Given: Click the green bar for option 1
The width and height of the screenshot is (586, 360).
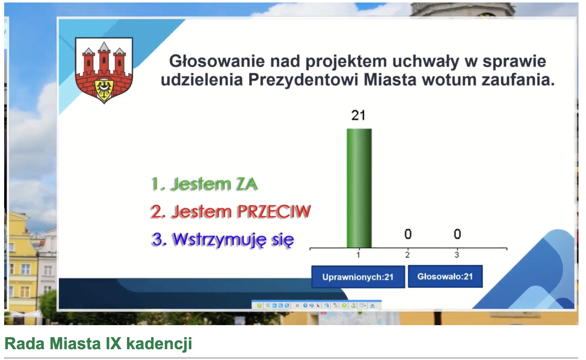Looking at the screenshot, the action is pos(359,188).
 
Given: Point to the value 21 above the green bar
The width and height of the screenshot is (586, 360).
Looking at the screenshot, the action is pos(358,115).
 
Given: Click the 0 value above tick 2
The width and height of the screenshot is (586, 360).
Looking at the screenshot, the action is pos(408,234).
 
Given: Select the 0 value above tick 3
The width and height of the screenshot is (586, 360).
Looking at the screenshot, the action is pos(457,234).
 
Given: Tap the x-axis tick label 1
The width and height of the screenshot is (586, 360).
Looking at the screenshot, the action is pos(358,255).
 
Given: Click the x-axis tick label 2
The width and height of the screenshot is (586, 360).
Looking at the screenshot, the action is pos(407,255).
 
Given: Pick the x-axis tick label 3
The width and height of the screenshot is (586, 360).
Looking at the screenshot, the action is pos(457,255).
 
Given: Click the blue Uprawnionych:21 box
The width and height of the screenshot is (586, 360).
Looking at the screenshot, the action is pos(358,277).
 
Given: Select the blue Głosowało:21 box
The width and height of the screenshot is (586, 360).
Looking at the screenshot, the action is pos(445,276).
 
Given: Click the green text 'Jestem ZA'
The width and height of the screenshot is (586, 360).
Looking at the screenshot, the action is pos(214,184).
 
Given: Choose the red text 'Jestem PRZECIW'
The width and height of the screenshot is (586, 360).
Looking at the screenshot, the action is pos(241,212).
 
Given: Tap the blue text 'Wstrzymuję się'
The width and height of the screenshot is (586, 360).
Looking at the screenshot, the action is pos(233,239).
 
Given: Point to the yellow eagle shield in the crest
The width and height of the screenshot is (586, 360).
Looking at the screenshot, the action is pos(104,90).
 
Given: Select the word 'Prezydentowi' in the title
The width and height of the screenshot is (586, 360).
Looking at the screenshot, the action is pos(303,80).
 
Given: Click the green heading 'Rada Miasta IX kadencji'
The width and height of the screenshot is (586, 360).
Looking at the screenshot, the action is pos(98,343).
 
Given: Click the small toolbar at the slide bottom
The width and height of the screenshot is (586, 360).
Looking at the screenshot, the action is pos(317,305).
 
